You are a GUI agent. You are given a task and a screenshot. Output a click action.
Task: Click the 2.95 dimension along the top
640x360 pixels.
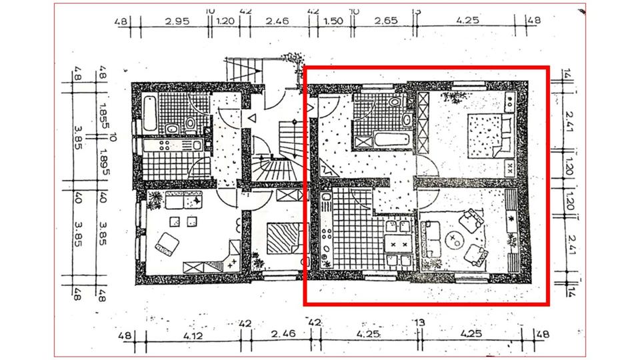click(x=178, y=21)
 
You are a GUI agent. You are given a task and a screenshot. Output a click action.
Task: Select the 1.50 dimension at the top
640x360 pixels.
click(x=333, y=21)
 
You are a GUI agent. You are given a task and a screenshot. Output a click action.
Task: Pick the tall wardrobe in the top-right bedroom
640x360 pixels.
click(x=422, y=124)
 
